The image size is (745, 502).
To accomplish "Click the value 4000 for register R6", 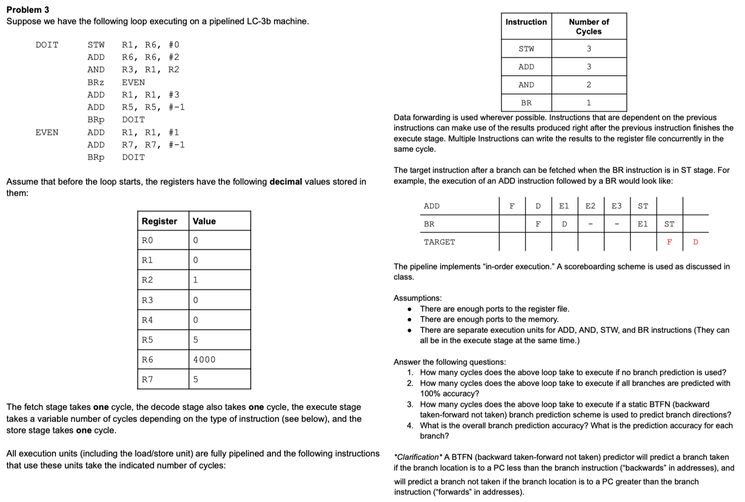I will click(x=204, y=360).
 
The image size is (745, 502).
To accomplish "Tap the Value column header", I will click(x=204, y=221).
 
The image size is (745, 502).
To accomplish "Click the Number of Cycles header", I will click(x=589, y=27).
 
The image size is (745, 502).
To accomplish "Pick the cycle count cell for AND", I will click(x=589, y=85).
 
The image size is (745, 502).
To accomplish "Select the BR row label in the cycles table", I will click(x=526, y=103).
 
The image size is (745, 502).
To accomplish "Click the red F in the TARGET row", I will click(x=669, y=242).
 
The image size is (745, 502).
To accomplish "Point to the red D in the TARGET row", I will click(x=695, y=242).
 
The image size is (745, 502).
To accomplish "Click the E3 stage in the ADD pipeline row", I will click(x=617, y=206).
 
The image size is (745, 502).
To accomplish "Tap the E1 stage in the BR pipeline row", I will click(x=643, y=224).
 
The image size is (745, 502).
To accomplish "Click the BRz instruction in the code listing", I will click(x=96, y=83).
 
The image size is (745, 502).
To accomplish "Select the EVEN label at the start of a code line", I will click(x=47, y=132).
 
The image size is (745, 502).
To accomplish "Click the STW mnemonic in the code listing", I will click(x=96, y=45).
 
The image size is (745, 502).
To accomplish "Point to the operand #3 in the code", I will click(x=174, y=95).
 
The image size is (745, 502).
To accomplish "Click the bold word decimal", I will click(x=286, y=182).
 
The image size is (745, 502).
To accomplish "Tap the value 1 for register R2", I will click(x=195, y=280).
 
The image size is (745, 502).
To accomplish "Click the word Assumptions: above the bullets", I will click(x=417, y=298).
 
